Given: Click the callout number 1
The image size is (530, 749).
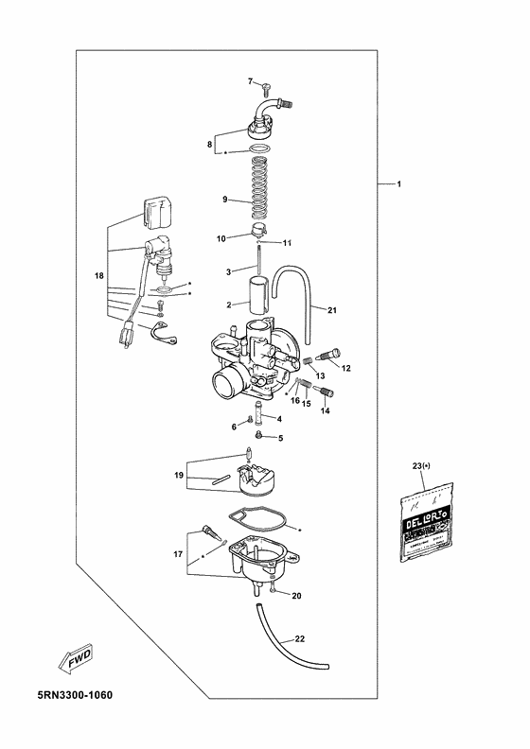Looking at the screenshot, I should (398, 183).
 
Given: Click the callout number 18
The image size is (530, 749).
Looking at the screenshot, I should (98, 275).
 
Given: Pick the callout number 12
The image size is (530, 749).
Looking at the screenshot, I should (346, 367).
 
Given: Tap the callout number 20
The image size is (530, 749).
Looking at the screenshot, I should (296, 596).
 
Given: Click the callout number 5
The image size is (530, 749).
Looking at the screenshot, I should (279, 438).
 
